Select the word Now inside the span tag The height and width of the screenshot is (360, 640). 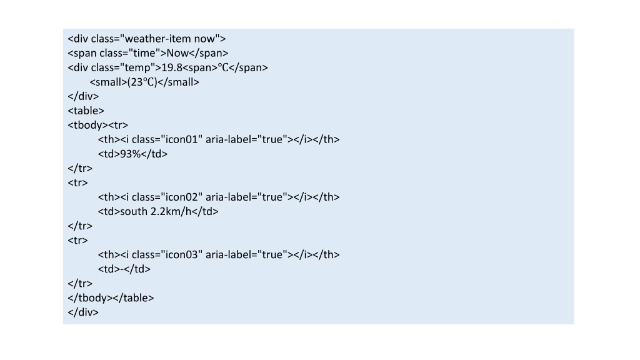[177, 53]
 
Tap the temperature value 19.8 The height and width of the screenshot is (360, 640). [172, 67]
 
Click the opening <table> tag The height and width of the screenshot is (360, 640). [86, 111]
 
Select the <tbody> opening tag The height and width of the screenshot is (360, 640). [87, 125]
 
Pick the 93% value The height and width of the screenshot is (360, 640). [130, 154]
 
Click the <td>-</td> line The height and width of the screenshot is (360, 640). [124, 269]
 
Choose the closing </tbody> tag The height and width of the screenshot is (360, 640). [90, 298]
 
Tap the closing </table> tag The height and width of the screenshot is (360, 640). [134, 298]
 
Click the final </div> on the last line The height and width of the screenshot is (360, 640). [83, 312]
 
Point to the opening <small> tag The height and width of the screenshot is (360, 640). [109, 82]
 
